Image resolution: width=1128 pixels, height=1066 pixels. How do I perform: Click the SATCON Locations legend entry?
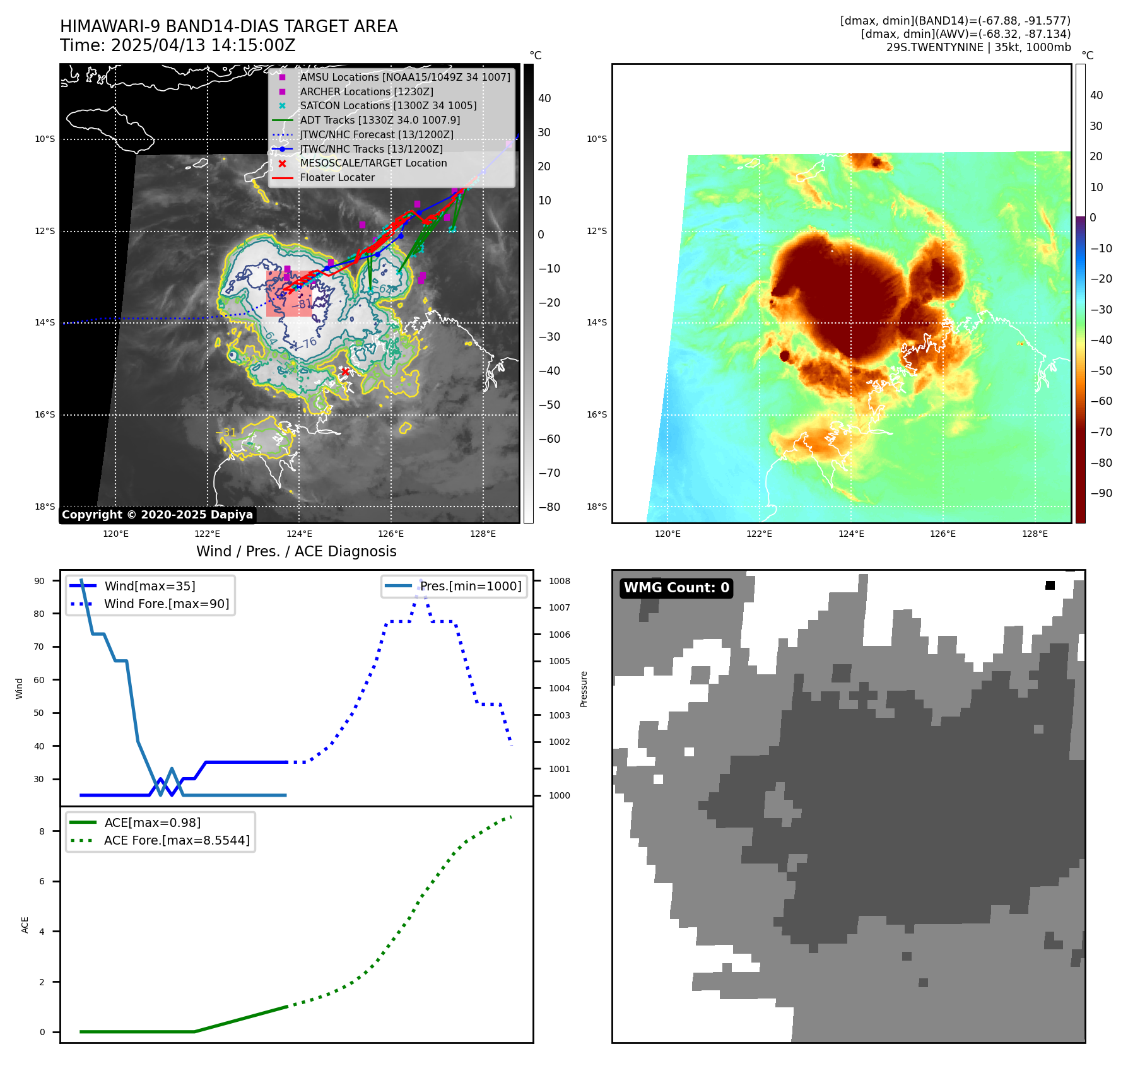click(387, 106)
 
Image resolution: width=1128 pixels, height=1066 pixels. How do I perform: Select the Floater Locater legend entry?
click(337, 178)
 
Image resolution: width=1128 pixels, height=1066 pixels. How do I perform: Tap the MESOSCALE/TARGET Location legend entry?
click(373, 163)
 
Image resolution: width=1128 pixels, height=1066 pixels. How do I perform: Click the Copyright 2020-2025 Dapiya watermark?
click(157, 515)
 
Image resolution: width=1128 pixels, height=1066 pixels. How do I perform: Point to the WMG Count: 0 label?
click(676, 588)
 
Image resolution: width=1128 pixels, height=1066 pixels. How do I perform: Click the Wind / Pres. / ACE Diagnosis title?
click(296, 551)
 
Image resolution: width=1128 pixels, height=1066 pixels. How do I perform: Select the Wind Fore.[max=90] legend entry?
click(166, 604)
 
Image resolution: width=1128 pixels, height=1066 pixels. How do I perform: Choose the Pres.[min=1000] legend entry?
click(470, 587)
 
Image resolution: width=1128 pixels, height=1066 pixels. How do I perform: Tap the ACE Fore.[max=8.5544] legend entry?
click(176, 841)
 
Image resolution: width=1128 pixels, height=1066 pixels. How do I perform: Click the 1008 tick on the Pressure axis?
click(559, 581)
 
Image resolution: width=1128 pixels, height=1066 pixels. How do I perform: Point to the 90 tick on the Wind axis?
click(39, 581)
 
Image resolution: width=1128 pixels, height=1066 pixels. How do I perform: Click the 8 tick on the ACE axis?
click(42, 831)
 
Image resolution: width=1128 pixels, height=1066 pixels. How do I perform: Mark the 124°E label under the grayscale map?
click(299, 534)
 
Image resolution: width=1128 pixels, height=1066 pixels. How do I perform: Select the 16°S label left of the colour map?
click(597, 415)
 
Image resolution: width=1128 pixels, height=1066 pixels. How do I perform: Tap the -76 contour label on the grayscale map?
click(308, 343)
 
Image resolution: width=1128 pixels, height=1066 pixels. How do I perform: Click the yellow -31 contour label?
click(227, 433)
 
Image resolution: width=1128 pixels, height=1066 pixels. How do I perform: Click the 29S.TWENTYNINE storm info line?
click(978, 47)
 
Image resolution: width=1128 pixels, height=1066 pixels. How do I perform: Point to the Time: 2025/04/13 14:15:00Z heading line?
click(177, 46)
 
